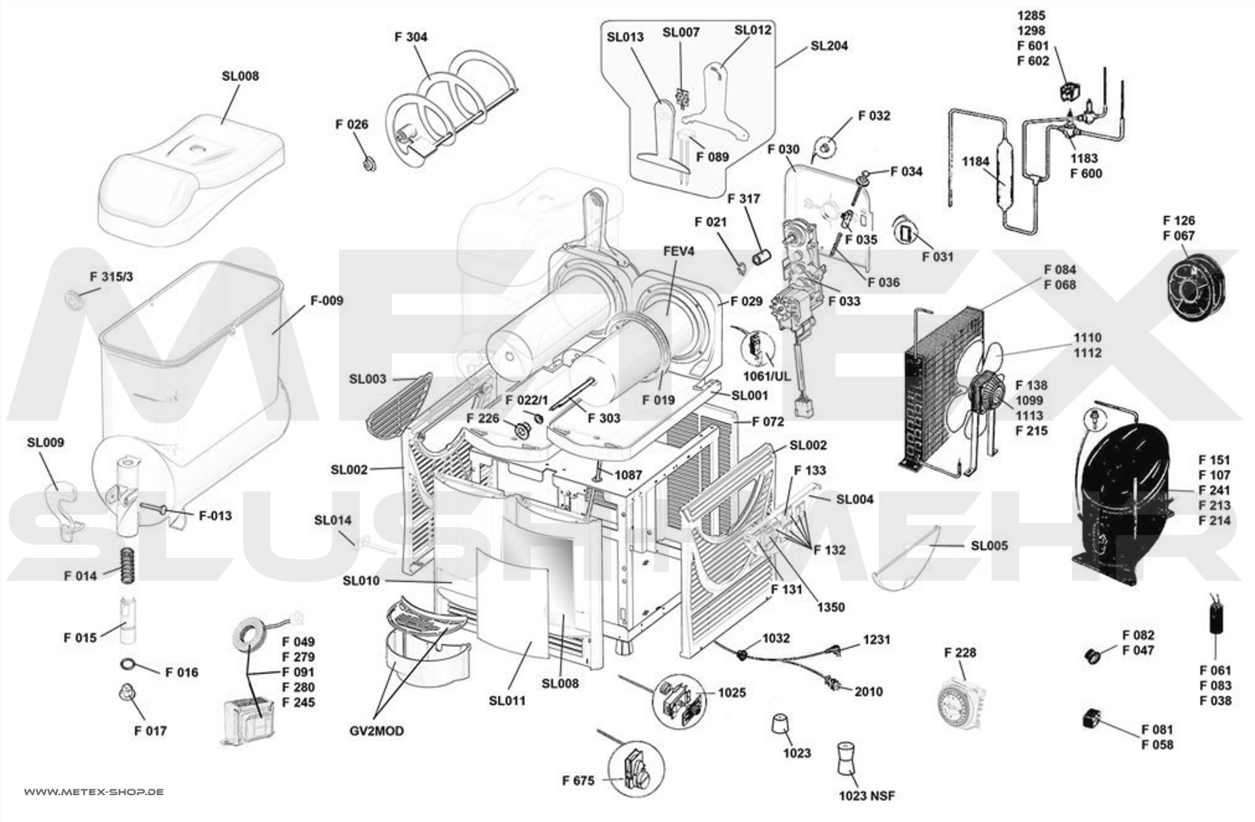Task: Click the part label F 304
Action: coord(410,37)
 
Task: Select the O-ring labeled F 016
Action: coord(129,665)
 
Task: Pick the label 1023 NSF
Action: coord(867,796)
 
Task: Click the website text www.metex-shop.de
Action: coord(94,792)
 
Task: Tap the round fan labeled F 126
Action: coord(1194,288)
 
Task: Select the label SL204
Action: coord(829,46)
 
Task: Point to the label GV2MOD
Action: coord(376,730)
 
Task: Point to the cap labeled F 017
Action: coord(124,694)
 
